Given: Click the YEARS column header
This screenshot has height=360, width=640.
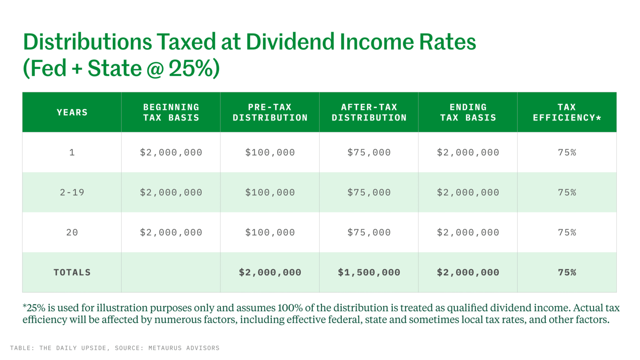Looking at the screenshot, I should pyautogui.click(x=72, y=112).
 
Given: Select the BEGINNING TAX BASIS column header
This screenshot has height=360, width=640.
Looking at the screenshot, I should pyautogui.click(x=171, y=112).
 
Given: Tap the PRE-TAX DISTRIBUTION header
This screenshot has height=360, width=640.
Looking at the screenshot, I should pyautogui.click(x=270, y=112).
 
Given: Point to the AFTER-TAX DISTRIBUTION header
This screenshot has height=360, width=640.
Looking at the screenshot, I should pyautogui.click(x=369, y=112).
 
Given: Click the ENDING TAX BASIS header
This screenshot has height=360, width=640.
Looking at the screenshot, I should pyautogui.click(x=468, y=112).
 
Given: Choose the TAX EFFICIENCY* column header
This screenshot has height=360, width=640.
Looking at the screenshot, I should pyautogui.click(x=567, y=112).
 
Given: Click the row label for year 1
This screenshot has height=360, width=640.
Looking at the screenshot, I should pyautogui.click(x=72, y=152).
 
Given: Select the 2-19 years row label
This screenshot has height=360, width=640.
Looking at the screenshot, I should pyautogui.click(x=72, y=192).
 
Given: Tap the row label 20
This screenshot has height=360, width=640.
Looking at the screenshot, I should pyautogui.click(x=72, y=232).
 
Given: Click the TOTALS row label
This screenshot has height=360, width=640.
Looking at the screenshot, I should pyautogui.click(x=72, y=272).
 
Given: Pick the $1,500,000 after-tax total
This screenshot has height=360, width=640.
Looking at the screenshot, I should pyautogui.click(x=369, y=272).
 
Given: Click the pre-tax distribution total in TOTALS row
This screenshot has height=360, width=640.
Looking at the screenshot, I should pyautogui.click(x=270, y=272).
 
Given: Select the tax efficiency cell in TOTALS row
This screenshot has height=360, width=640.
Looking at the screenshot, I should pyautogui.click(x=567, y=272).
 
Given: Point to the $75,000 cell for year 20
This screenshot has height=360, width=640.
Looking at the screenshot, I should pyautogui.click(x=369, y=232).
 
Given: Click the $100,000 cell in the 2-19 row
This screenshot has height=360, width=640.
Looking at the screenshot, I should pyautogui.click(x=270, y=192).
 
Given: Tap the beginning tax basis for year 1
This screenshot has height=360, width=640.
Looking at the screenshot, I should pyautogui.click(x=171, y=152).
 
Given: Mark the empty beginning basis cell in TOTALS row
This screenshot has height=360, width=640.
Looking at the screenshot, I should pyautogui.click(x=171, y=272).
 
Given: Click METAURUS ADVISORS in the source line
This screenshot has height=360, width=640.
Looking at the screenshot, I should pyautogui.click(x=184, y=348).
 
